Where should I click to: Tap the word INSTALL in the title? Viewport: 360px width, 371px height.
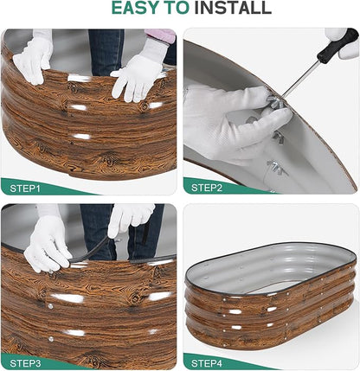click(233, 8)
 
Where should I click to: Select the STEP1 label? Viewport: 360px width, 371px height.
click(25, 189)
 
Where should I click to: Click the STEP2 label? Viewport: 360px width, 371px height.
click(207, 188)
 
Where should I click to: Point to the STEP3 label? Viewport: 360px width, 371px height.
click(25, 363)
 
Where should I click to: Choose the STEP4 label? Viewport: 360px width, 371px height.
click(207, 363)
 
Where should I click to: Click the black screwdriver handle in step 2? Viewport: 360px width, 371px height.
click(337, 44)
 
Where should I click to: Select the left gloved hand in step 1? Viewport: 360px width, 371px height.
click(33, 59)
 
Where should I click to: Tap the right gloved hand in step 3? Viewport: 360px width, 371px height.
click(130, 218)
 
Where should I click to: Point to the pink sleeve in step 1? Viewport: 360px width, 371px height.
click(161, 35)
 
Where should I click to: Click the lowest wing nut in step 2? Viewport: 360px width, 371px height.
click(277, 168)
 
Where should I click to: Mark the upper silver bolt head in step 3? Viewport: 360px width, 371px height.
click(50, 306)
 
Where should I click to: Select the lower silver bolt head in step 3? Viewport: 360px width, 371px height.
click(51, 339)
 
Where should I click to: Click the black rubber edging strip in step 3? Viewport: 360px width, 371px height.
click(95, 253)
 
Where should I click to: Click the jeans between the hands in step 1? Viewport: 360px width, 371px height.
click(106, 52)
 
